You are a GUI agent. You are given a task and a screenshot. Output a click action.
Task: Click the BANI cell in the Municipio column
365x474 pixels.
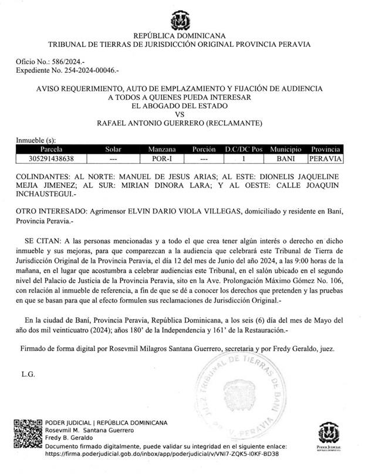click(286, 158)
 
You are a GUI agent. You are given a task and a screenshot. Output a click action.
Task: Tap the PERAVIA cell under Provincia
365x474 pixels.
click(326, 158)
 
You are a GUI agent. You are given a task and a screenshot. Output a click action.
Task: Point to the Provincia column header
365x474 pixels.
click(326, 150)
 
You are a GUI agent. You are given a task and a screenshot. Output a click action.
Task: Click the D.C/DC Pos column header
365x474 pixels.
click(243, 150)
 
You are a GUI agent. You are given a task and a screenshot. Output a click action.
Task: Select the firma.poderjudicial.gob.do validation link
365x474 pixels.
click(161, 453)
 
